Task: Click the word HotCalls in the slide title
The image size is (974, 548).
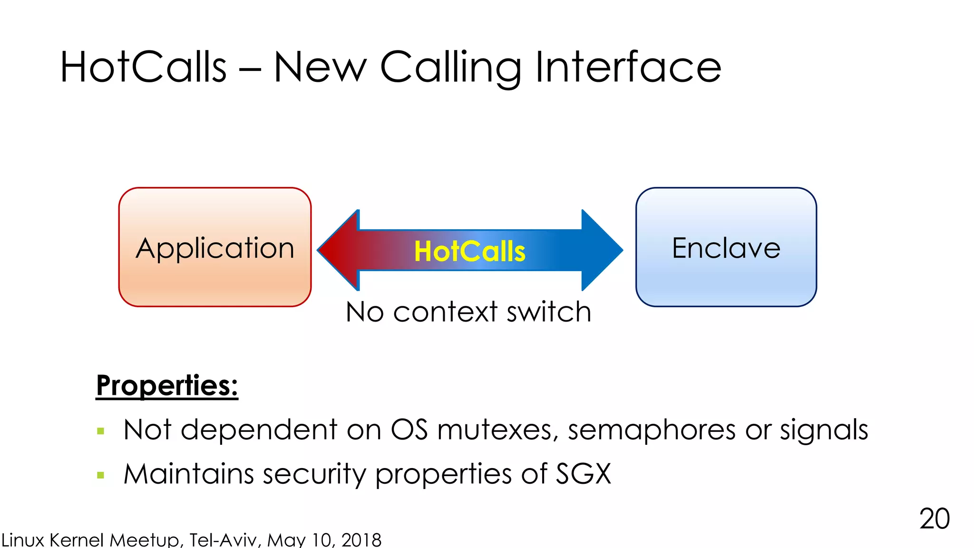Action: pyautogui.click(x=143, y=67)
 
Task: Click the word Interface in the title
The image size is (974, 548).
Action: pyautogui.click(x=628, y=67)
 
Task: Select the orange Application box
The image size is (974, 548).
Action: pyautogui.click(x=215, y=247)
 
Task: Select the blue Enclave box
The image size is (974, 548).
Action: pyautogui.click(x=726, y=247)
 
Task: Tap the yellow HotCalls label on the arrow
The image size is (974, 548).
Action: pyautogui.click(x=469, y=251)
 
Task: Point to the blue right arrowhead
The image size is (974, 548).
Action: pyautogui.click(x=601, y=250)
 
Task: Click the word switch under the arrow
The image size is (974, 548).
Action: pyautogui.click(x=549, y=312)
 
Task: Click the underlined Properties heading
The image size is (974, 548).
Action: pyautogui.click(x=167, y=385)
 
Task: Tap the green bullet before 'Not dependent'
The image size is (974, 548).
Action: pyautogui.click(x=100, y=431)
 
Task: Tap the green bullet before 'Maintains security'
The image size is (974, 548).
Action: pyautogui.click(x=100, y=475)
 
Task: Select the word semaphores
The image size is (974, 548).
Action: pyautogui.click(x=652, y=431)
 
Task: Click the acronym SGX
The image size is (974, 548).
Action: pyautogui.click(x=584, y=474)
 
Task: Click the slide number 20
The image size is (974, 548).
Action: pyautogui.click(x=934, y=519)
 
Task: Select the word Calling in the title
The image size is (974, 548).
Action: pyautogui.click(x=450, y=68)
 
